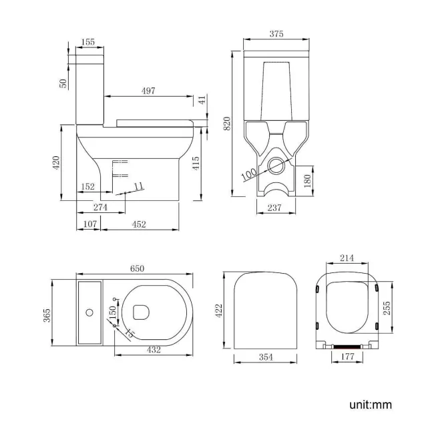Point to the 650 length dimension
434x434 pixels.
[x=136, y=268]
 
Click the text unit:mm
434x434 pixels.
[x=369, y=405]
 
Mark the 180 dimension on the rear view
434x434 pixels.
[x=308, y=181]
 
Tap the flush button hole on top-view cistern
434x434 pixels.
[x=89, y=312]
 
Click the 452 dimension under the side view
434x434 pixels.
[x=138, y=224]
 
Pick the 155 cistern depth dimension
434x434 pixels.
[x=87, y=42]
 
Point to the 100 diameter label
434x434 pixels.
[x=250, y=173]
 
